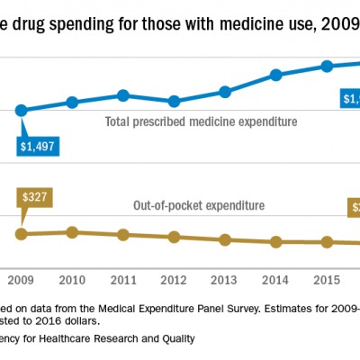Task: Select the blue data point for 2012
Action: tap(175, 102)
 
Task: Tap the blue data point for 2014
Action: tap(277, 75)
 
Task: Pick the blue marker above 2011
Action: tap(123, 94)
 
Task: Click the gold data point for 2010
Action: tap(72, 232)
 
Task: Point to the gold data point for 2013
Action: tap(226, 239)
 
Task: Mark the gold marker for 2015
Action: tap(328, 242)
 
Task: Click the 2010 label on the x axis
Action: tap(72, 280)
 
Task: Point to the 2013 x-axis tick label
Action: tap(226, 280)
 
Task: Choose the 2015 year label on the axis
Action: tap(328, 280)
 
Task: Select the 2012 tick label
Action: tap(175, 280)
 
